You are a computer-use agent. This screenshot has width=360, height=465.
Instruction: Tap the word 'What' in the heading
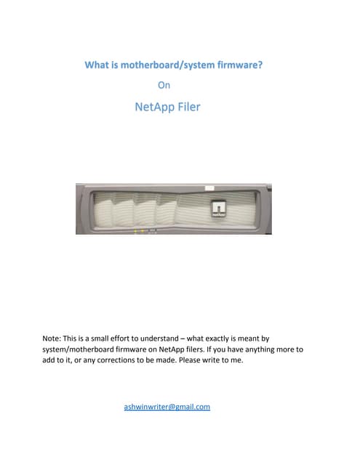97,65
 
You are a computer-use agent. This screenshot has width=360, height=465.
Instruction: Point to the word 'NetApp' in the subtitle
150,108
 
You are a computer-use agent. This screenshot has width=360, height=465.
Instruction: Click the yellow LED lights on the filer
140,230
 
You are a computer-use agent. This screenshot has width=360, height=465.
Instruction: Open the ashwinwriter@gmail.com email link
167,407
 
